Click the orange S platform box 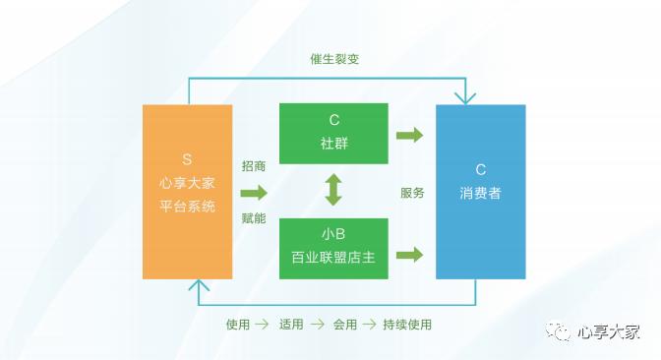click(x=187, y=191)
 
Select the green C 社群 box click(x=333, y=133)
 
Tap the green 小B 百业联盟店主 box click(x=333, y=248)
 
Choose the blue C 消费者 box click(x=480, y=191)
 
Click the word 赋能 click(x=254, y=218)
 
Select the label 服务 click(x=412, y=193)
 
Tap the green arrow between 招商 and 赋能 click(x=254, y=192)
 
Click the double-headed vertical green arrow click(x=333, y=190)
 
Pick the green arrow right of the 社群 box click(x=409, y=135)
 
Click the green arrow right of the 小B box click(x=409, y=254)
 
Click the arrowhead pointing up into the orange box click(x=200, y=285)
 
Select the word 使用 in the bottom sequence click(x=237, y=324)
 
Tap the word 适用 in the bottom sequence click(x=291, y=324)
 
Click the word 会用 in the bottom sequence click(x=344, y=324)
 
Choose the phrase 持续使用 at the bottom click(x=407, y=324)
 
